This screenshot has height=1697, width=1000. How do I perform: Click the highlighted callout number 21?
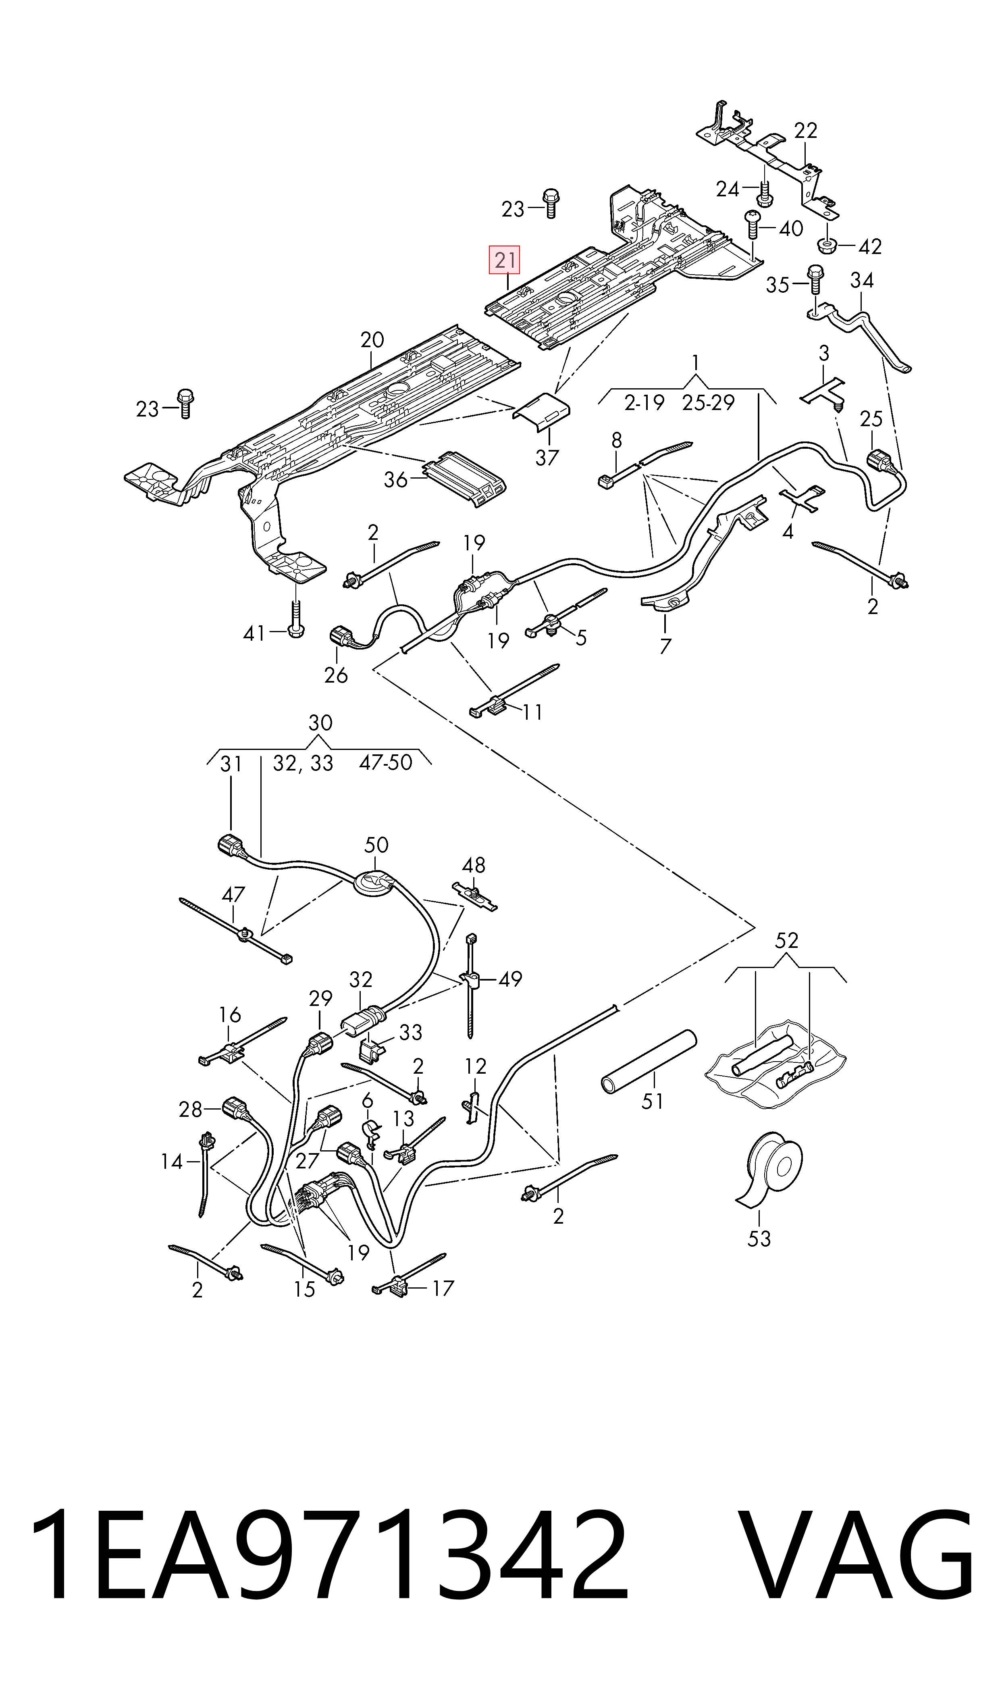point(505,260)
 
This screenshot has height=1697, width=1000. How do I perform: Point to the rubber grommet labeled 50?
point(375,884)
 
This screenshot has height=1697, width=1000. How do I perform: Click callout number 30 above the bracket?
point(321,723)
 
